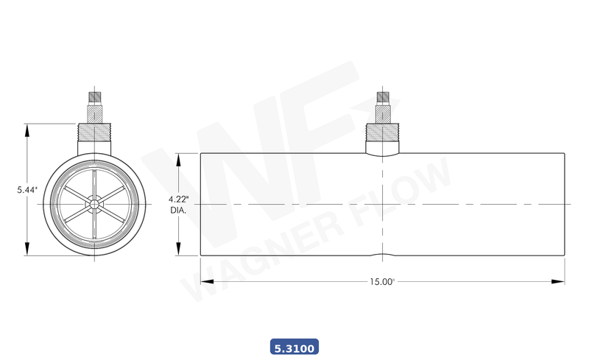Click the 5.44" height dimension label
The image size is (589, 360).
27,190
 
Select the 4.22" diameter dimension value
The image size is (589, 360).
179,200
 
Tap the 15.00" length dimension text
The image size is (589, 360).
382,281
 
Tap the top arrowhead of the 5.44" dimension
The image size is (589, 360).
27,130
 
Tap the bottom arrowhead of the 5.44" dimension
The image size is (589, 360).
27,250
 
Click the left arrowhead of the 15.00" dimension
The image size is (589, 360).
205,281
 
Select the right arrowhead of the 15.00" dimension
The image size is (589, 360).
560,281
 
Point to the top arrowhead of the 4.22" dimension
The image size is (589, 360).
178,158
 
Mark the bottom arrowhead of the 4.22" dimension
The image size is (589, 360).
178,250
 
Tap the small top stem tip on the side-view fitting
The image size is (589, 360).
382,97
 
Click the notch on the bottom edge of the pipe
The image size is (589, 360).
382,255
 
